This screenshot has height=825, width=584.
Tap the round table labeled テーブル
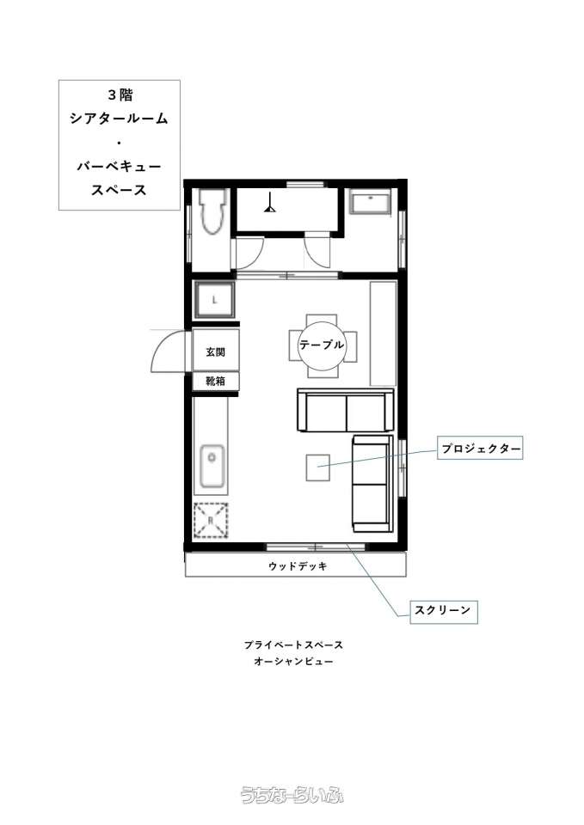click(x=322, y=345)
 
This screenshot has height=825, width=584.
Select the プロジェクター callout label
click(x=480, y=449)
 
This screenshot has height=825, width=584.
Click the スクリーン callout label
click(x=444, y=611)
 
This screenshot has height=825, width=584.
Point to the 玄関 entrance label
click(x=215, y=351)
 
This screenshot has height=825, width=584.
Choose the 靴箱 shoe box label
click(x=215, y=381)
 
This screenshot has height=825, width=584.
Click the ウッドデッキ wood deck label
click(x=298, y=566)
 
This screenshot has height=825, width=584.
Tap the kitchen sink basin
click(x=212, y=467)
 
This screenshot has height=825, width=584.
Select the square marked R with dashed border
click(x=211, y=520)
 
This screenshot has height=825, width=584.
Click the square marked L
click(x=214, y=301)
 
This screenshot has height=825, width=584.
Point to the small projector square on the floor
click(x=318, y=467)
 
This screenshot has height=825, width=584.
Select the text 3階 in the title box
click(x=120, y=95)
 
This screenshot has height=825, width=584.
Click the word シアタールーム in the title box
click(x=119, y=119)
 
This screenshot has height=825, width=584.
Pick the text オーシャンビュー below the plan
click(x=293, y=661)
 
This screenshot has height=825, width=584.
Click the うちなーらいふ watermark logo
click(x=292, y=795)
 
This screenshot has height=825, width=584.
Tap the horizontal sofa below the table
click(x=346, y=411)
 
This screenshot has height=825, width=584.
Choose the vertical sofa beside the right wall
click(x=372, y=484)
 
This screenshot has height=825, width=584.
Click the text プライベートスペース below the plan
click(x=293, y=645)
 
